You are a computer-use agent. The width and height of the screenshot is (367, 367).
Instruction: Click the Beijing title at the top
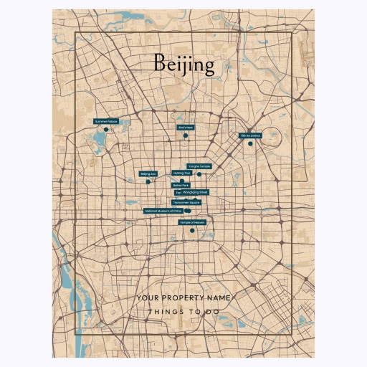(x=184, y=65)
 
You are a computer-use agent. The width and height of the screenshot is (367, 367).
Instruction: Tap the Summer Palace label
(x=105, y=122)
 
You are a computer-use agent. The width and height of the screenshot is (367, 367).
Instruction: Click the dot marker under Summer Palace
(x=105, y=130)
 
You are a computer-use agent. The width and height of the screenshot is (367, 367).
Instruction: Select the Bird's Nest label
(x=186, y=128)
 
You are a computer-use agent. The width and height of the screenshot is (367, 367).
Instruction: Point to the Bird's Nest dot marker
(x=186, y=135)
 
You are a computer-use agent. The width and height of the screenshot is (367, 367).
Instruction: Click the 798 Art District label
(x=250, y=135)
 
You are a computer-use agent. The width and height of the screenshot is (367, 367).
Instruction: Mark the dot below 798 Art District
(x=250, y=143)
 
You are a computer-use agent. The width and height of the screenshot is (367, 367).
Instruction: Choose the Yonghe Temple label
(x=199, y=166)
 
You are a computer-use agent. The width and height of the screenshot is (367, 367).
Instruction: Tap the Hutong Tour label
(x=182, y=173)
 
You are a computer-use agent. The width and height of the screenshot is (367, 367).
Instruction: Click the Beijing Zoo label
(x=148, y=173)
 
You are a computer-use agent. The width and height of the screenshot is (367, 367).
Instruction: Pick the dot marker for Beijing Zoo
(x=148, y=181)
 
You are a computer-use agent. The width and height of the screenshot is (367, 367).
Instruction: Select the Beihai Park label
(x=181, y=185)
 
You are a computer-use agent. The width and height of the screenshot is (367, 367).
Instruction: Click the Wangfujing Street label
(x=195, y=192)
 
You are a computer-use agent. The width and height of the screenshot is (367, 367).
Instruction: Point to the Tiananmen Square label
(x=186, y=203)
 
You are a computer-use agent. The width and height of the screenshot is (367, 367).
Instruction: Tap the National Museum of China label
(x=163, y=211)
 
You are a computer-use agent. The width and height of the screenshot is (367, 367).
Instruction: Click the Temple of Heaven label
(x=191, y=222)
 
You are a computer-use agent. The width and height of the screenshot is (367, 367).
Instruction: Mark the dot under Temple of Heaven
(x=191, y=230)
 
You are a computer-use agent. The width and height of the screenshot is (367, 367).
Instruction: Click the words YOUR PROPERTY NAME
(x=183, y=297)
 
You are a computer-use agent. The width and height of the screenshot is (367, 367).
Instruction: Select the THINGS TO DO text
(x=183, y=313)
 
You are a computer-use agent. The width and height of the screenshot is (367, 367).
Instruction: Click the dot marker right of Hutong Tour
(x=199, y=174)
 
